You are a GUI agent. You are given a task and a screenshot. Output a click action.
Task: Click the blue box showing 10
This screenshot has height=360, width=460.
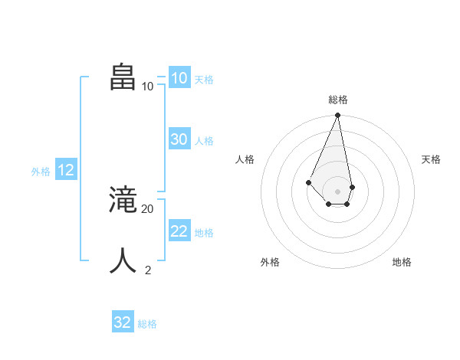[x=179, y=78]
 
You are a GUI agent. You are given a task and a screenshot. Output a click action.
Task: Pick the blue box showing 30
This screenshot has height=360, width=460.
[x=179, y=139]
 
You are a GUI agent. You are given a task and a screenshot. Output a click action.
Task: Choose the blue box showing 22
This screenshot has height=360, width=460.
[x=179, y=231]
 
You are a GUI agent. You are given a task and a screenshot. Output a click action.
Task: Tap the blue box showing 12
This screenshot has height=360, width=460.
[x=65, y=170]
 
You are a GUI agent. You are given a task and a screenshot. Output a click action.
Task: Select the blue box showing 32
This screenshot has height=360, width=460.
[x=123, y=322]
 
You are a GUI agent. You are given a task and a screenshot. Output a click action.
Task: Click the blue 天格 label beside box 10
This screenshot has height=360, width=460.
[x=204, y=80]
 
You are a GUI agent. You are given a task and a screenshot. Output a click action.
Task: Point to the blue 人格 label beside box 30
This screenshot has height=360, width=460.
[x=204, y=141]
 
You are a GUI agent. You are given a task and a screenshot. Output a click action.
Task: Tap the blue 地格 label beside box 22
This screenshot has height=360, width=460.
[x=204, y=233]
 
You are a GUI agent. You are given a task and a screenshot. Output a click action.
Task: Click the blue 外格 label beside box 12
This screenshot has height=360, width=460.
[x=41, y=172]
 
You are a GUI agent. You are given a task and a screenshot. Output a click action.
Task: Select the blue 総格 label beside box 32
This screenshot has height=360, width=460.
[x=147, y=324]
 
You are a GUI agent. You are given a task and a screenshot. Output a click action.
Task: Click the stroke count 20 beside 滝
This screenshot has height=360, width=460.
[x=148, y=208]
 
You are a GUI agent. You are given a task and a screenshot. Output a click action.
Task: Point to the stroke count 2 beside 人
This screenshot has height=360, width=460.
[x=148, y=270]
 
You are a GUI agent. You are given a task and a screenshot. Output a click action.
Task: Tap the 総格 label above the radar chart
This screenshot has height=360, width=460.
[x=337, y=100]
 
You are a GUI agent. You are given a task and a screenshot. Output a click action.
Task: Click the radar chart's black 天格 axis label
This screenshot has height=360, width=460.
[x=432, y=159]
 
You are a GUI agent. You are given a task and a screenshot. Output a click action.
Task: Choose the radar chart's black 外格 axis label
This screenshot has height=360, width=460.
[x=270, y=262]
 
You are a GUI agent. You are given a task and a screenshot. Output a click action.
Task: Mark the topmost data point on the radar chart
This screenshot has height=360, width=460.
[x=337, y=116]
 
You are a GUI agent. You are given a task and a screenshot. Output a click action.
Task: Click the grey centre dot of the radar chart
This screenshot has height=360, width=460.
[x=337, y=191]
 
